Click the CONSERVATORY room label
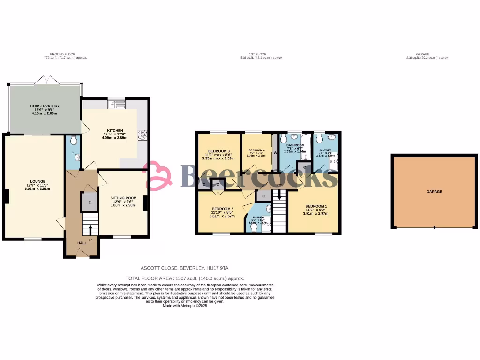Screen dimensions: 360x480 pos(45,106)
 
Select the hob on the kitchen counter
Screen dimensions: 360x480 pos(142,135)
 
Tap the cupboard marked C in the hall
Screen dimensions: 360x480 pos(89,202)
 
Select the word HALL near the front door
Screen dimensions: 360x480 pos(82,243)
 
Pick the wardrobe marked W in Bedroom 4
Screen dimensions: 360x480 pos(275,152)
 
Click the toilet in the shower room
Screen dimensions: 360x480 pos(319,139)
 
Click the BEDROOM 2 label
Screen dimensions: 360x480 pos(222,209)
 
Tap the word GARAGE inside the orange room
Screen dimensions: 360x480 pos(434,192)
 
